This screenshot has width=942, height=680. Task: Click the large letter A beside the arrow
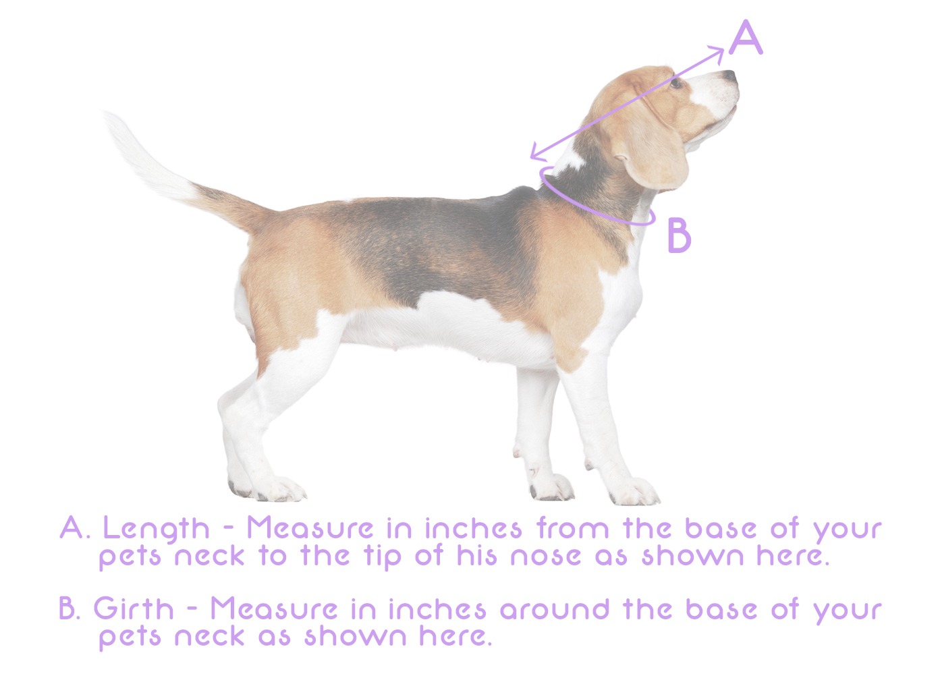[x=746, y=38]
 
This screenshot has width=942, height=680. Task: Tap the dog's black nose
[x=729, y=76]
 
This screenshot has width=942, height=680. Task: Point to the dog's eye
[x=676, y=82]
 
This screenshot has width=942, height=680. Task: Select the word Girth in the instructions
[x=134, y=609]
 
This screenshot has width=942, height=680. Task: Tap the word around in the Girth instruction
[x=555, y=610]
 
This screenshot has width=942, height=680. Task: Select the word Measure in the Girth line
[x=274, y=609]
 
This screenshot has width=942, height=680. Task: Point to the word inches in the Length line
[x=473, y=528]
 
